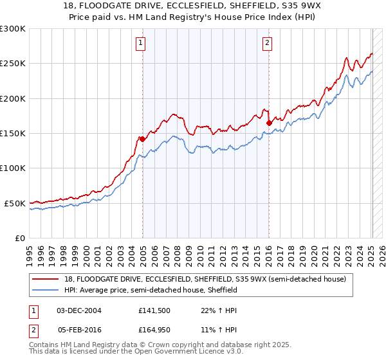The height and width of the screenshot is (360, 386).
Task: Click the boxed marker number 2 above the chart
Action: point(267,43)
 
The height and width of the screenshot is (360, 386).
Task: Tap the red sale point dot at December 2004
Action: point(142,139)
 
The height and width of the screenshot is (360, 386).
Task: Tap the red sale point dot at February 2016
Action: point(269,123)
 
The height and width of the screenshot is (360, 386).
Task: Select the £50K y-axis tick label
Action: point(15,203)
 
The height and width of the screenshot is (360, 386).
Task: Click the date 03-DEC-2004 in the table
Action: point(79,310)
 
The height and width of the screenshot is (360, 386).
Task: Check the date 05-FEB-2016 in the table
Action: point(79,330)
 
